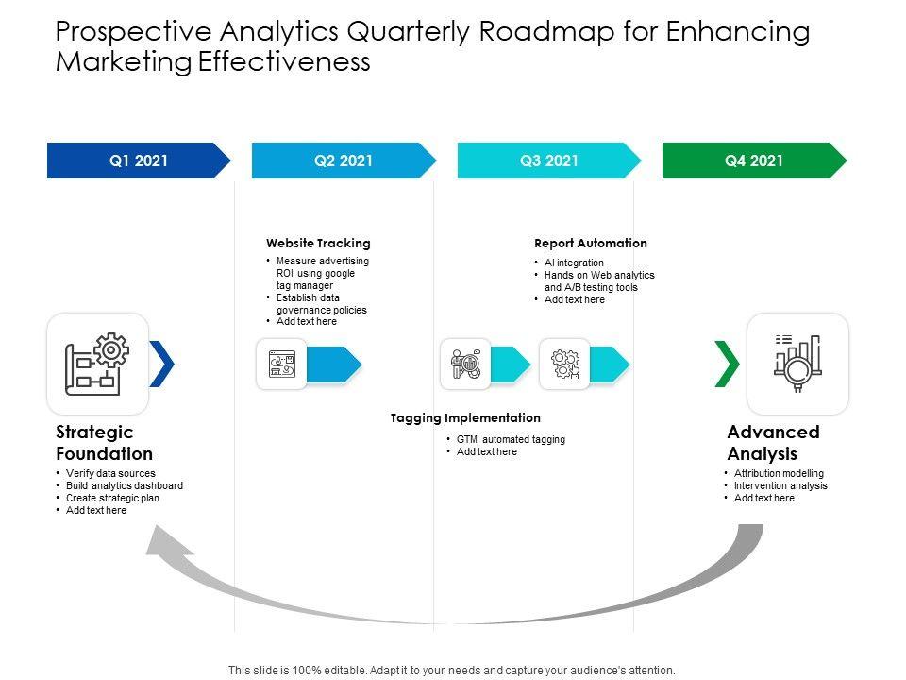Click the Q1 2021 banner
coord(138,161)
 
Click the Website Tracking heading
coord(318,243)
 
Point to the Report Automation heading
coord(591,243)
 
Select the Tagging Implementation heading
coord(465,417)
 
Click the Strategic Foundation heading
coord(104,442)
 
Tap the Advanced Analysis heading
coord(773,442)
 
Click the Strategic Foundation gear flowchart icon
coord(97,364)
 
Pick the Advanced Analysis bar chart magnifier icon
coord(797,364)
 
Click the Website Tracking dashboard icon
coord(281,364)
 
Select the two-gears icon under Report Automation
coord(564,364)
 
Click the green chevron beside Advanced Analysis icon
coord(727,364)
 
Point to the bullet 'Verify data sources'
coord(110,473)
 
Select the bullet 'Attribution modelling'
coord(779,473)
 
